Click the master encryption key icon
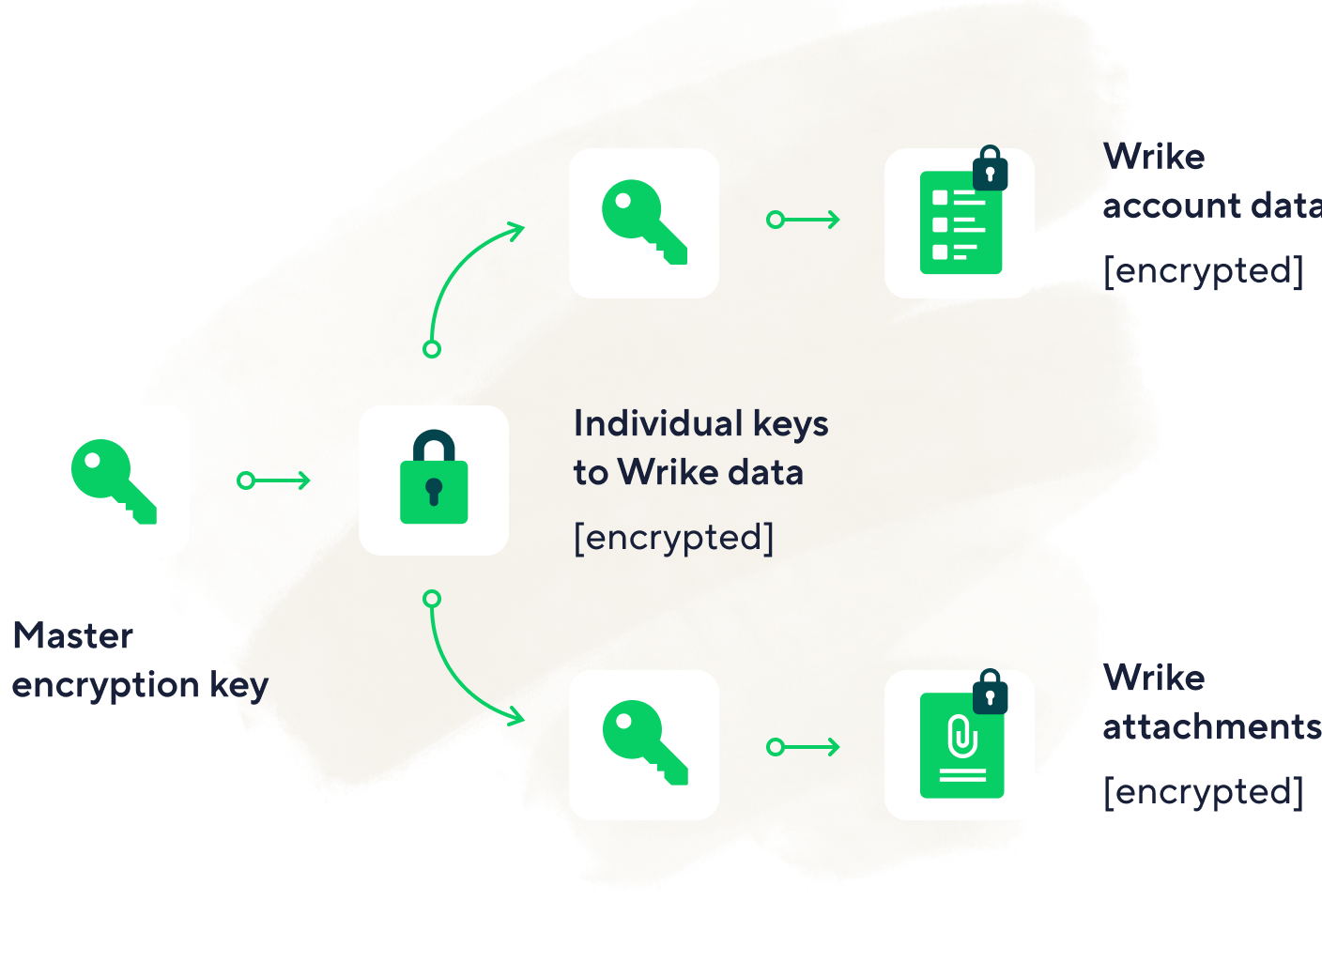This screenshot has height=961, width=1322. pyautogui.click(x=114, y=480)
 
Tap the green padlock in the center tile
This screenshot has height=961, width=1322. pyautogui.click(x=434, y=478)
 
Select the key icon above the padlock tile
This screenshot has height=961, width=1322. pyautogui.click(x=644, y=222)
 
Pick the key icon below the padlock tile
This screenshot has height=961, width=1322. pyautogui.click(x=644, y=743)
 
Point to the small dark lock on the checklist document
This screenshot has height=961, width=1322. pyautogui.click(x=990, y=169)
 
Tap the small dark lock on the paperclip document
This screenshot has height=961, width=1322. pyautogui.click(x=990, y=692)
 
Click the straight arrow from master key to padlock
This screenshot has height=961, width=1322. pyautogui.click(x=273, y=480)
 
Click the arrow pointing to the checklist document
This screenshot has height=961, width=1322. pyautogui.click(x=803, y=220)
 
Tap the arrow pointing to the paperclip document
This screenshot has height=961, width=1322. pyautogui.click(x=803, y=747)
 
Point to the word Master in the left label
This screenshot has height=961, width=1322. pyautogui.click(x=73, y=636)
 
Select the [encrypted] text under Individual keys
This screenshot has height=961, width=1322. pyautogui.click(x=674, y=538)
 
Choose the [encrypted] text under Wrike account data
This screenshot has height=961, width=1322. pyautogui.click(x=1205, y=270)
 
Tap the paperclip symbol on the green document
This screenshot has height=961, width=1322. pyautogui.click(x=961, y=737)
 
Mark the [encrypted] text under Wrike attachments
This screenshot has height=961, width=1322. pyautogui.click(x=1205, y=791)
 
